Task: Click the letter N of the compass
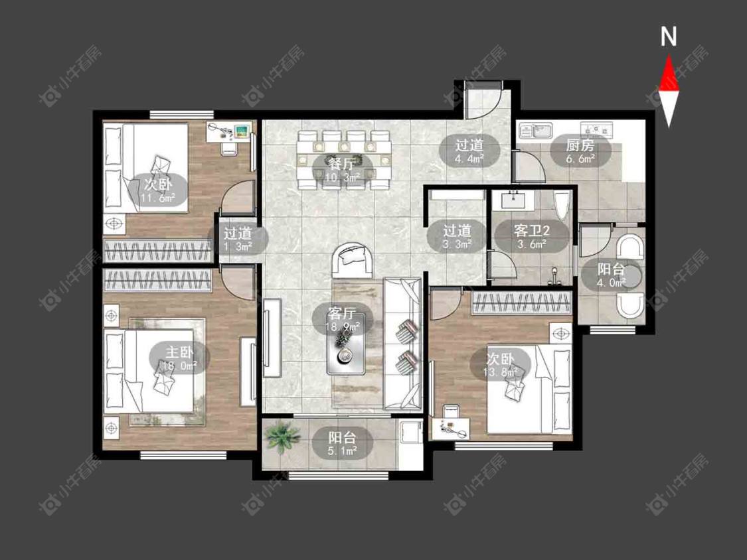pos(669,36)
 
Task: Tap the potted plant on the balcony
pos(282,437)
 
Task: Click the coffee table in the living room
pos(346,343)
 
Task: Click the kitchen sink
pos(535,129)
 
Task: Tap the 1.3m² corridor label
pos(238,240)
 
